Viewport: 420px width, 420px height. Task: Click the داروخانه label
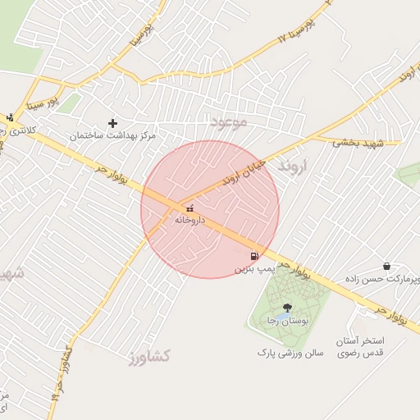(x=189, y=220)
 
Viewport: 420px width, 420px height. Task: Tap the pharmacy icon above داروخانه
(x=190, y=208)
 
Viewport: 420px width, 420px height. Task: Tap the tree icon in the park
(x=285, y=308)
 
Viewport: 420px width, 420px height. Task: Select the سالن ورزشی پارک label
(x=290, y=353)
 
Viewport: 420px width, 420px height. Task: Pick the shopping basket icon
(x=386, y=266)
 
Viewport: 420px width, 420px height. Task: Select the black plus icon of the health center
(x=112, y=123)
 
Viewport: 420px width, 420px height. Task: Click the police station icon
(x=9, y=117)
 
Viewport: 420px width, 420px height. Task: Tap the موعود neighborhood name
(x=228, y=122)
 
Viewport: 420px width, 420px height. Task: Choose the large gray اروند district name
(x=291, y=167)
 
